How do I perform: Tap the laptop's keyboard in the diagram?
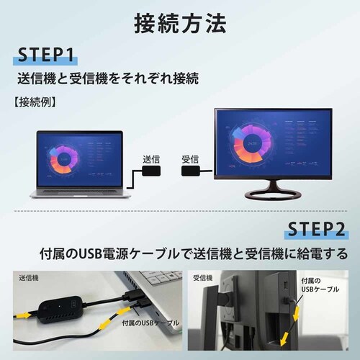click(78, 191)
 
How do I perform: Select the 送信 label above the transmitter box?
click(150, 158)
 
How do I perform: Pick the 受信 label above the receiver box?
click(189, 158)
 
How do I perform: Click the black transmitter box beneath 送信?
click(150, 174)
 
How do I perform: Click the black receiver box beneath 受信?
click(190, 174)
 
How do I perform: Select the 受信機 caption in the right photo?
click(204, 277)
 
